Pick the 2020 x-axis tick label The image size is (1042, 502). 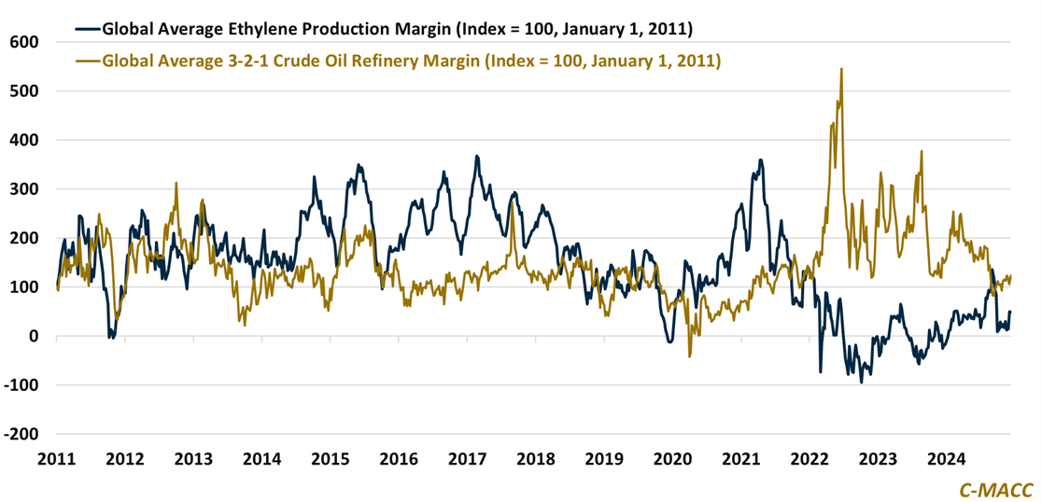tap(671, 460)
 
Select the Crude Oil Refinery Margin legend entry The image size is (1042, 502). tap(411, 62)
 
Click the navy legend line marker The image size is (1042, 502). tap(87, 29)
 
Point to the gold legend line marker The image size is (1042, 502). tap(87, 62)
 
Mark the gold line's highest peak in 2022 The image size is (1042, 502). tap(841, 69)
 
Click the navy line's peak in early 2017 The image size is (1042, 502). tap(477, 157)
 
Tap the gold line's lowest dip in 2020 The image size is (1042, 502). tap(690, 356)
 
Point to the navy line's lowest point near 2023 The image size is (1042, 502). tap(861, 382)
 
